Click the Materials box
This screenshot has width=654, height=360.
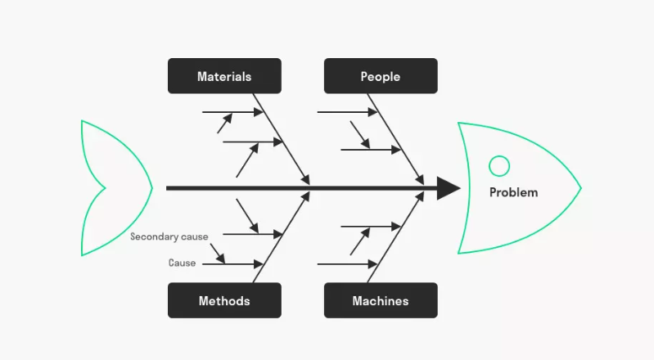pos(224,76)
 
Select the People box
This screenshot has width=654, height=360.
pos(381,76)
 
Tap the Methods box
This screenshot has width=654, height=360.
pos(224,300)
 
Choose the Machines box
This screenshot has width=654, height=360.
pos(381,300)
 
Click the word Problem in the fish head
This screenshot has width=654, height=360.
pos(513,192)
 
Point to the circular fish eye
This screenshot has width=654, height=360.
pos(498,166)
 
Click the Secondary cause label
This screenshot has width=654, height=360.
pos(169,236)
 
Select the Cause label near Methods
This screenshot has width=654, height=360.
pos(182,263)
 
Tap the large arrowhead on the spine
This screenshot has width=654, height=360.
pos(448,188)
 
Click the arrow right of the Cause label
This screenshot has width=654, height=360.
pos(233,264)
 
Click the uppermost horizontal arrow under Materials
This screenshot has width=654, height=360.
pos(232,112)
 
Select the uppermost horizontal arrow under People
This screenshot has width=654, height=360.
pos(347,112)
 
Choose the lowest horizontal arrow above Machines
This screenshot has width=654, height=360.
pos(347,264)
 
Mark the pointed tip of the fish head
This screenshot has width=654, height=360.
pos(580,189)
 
